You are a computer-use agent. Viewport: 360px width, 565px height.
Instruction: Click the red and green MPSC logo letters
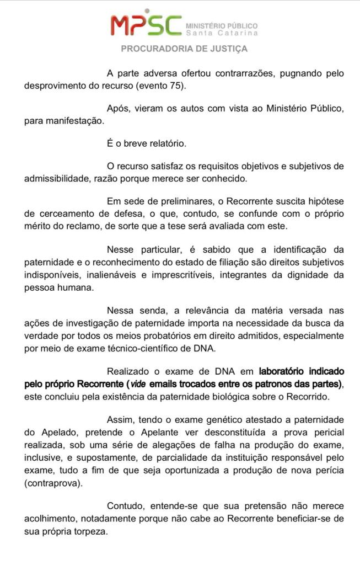pos(146,25)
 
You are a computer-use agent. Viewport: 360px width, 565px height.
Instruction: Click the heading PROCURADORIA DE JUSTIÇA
pos(184,49)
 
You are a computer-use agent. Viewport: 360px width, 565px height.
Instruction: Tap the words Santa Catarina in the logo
pos(222,33)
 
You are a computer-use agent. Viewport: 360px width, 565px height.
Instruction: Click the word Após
pos(117,109)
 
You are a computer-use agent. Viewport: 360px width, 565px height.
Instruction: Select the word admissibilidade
pos(60,179)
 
